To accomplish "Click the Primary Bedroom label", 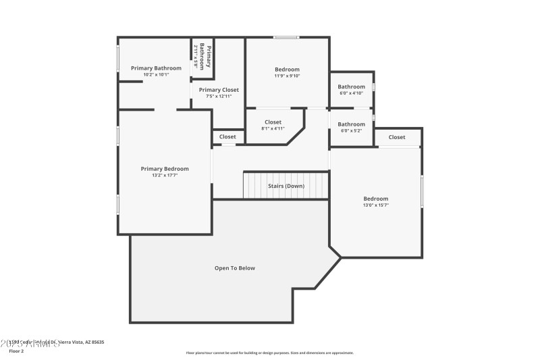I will pos(165,169).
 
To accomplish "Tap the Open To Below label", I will pos(235,268).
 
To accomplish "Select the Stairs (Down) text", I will pos(286,186).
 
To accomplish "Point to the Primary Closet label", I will pos(219,90).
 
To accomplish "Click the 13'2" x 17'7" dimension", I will pos(165,176).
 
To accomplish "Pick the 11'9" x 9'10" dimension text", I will pos(287,76).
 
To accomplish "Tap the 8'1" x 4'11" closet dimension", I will pos(273,128).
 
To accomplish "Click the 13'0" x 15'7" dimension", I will pos(376,205).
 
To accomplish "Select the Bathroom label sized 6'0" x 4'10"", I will pos(351,86).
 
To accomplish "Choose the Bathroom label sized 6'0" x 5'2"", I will pos(351,124).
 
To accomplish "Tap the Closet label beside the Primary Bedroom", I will pos(227,137).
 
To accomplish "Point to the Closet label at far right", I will pos(397,137).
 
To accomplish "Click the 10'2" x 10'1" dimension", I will pos(156,74).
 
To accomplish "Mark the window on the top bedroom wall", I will pos(286,37).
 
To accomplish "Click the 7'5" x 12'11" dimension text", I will pos(219,97).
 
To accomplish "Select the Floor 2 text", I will pos(16,351).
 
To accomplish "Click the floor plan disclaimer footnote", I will pos(270,353).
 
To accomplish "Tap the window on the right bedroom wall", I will pos(423,191).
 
